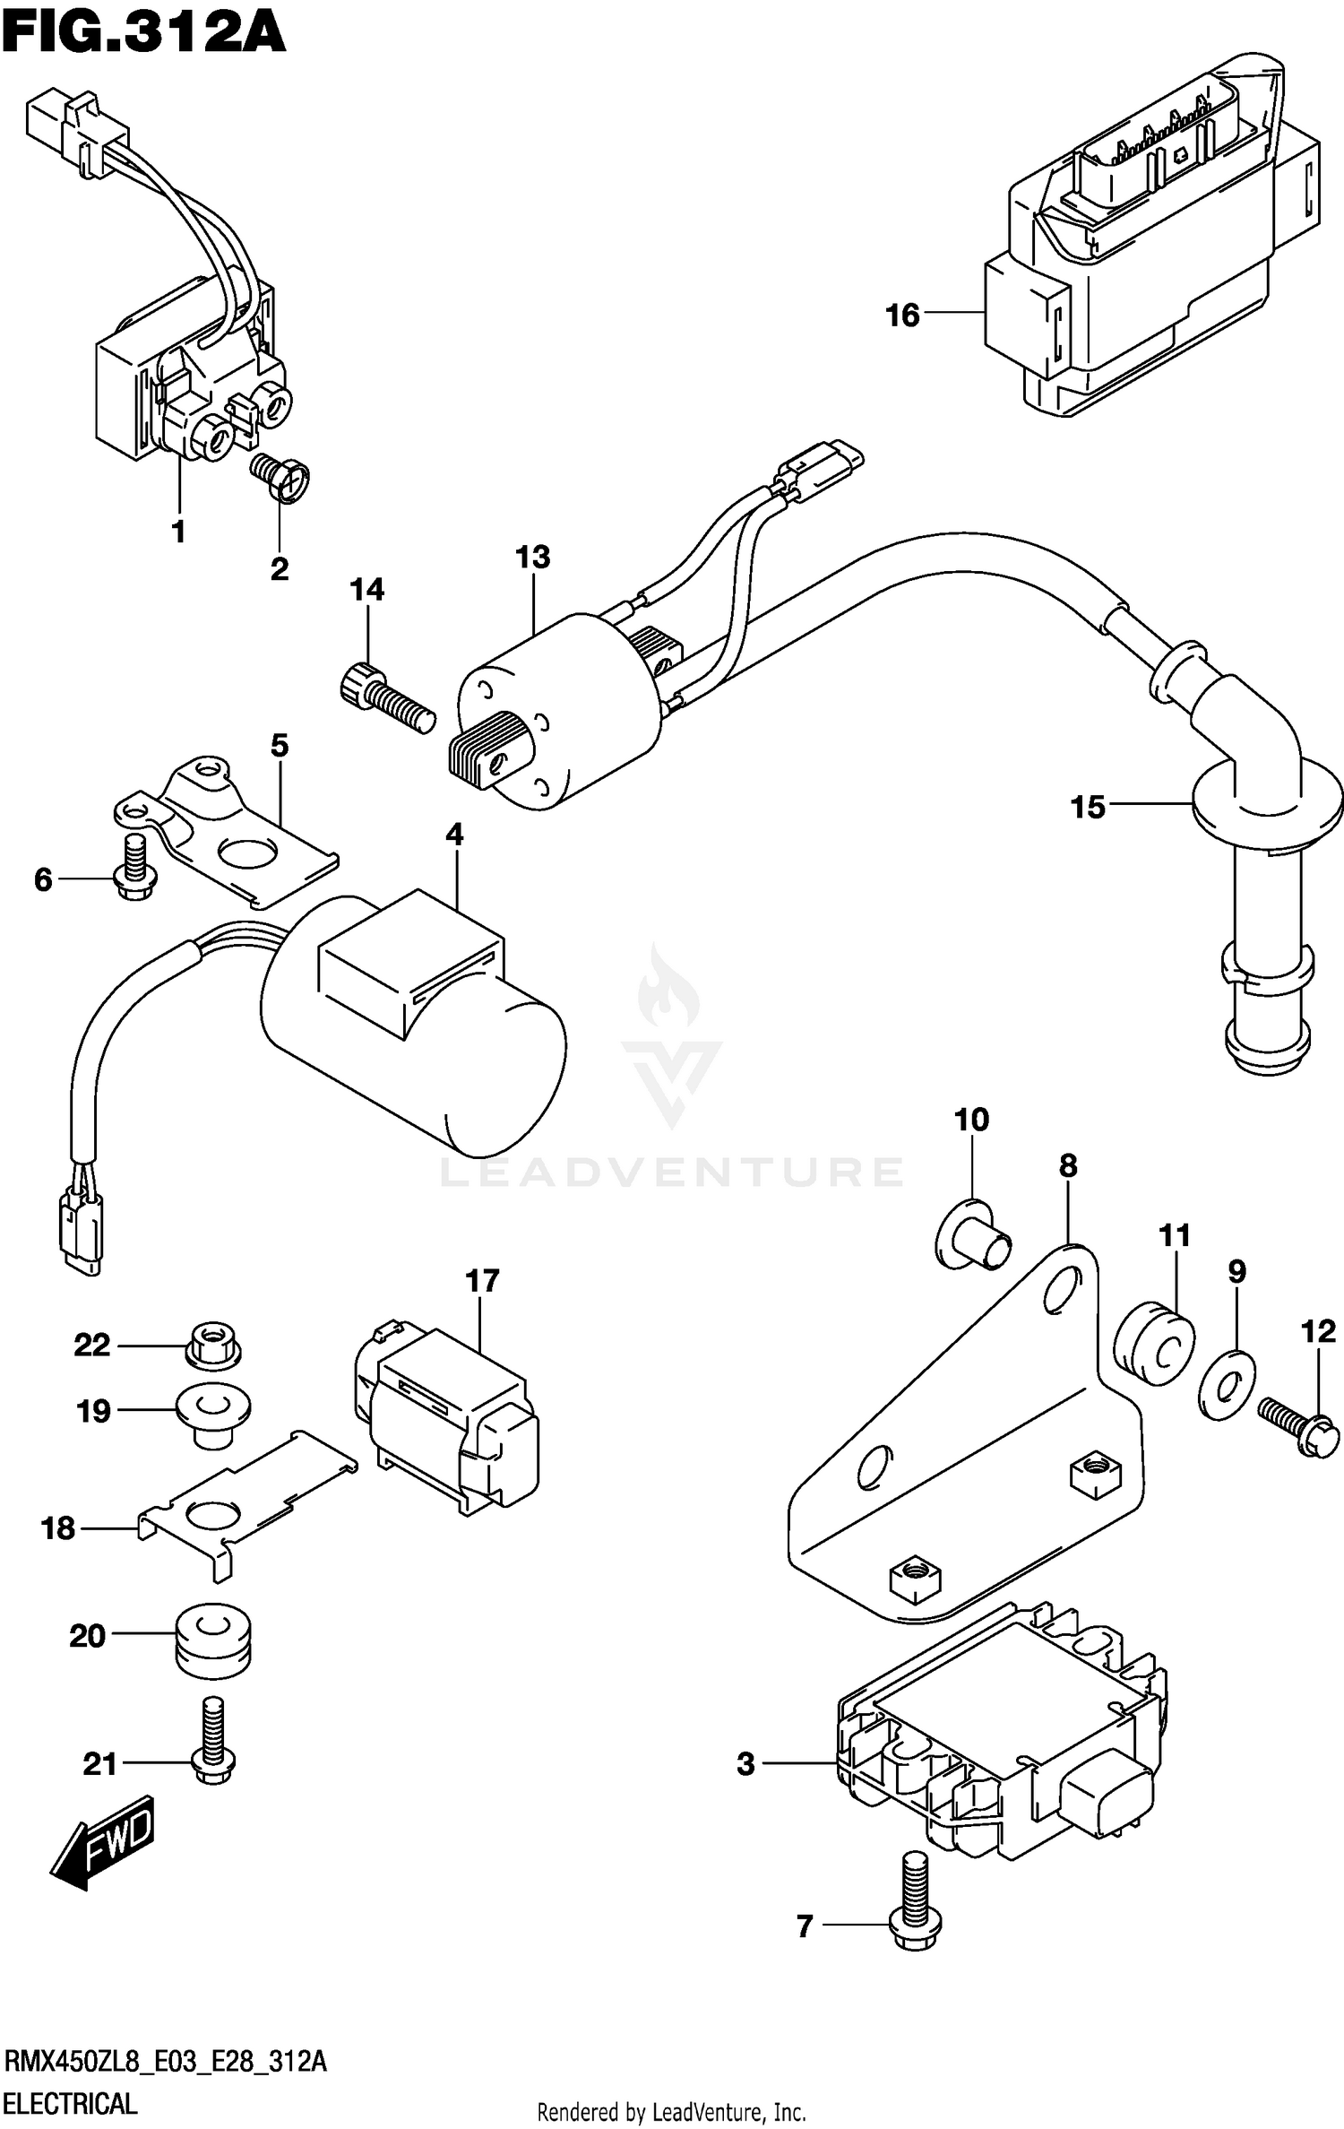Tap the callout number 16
coord(902,316)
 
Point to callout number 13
coord(532,558)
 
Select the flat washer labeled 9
coord(1227,1385)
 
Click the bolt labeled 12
coord(1297,1426)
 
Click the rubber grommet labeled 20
coord(211,1637)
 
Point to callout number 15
coord(1088,808)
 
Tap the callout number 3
coord(746,1764)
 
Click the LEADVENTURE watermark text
coord(672,1172)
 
